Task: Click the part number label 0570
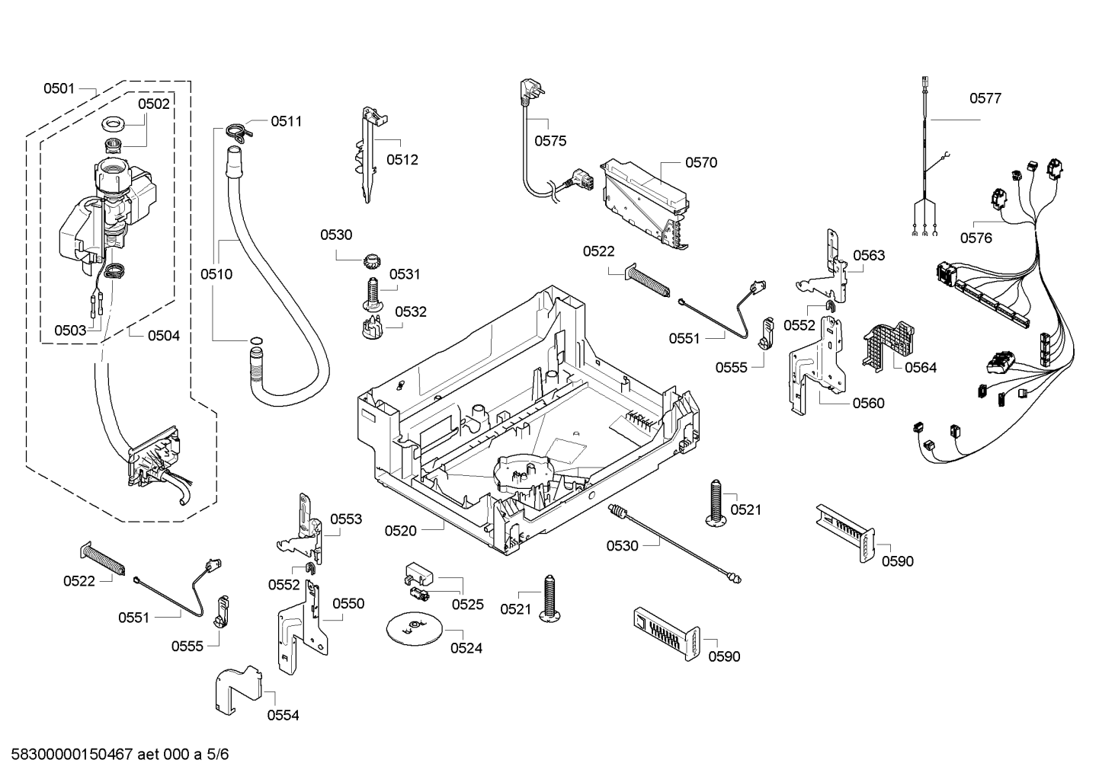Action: point(701,162)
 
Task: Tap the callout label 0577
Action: point(985,98)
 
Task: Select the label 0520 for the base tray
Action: point(400,530)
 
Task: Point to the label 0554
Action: point(283,715)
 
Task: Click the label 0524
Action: point(466,648)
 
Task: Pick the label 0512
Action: point(402,160)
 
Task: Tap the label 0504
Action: point(164,336)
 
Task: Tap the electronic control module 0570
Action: point(645,203)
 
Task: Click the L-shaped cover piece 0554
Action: point(238,689)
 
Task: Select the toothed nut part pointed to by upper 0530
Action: point(373,261)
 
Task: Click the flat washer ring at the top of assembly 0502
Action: point(114,125)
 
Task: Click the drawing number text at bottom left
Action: point(120,754)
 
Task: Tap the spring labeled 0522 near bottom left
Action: point(103,559)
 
